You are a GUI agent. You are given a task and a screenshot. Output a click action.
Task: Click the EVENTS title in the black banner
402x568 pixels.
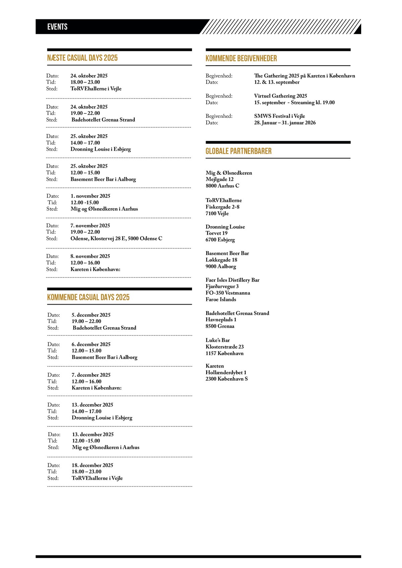point(57,27)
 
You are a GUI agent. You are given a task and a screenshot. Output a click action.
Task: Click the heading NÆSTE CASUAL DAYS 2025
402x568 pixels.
point(82,58)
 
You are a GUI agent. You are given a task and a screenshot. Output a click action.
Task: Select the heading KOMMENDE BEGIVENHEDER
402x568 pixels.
point(241,59)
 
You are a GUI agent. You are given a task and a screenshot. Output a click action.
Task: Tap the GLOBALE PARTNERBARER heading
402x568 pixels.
point(239,151)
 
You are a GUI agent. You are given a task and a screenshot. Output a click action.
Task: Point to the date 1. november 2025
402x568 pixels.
point(90,196)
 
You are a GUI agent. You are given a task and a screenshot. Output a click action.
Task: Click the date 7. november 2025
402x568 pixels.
point(90,226)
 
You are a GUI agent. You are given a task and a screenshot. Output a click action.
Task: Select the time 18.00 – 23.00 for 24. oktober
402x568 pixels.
point(85,82)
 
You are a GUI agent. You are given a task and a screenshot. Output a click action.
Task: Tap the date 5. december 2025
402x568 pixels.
point(91,315)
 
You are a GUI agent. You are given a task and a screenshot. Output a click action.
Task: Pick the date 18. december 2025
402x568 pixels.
point(92,465)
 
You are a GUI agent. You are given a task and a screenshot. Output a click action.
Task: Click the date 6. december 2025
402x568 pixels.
point(91,344)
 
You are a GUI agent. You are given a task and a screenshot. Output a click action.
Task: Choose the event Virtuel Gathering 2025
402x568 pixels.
point(280,96)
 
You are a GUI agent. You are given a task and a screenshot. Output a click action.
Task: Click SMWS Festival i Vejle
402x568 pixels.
point(279,116)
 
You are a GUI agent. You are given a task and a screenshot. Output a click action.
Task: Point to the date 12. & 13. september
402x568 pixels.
point(277,82)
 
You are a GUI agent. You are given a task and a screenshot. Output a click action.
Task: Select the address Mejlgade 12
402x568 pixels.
point(219,179)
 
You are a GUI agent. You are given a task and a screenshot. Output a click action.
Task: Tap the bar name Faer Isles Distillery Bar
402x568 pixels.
point(232,280)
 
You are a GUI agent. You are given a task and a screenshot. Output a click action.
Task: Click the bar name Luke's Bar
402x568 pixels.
point(218,340)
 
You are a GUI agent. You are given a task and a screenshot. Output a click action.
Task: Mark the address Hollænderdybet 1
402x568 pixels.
point(226,373)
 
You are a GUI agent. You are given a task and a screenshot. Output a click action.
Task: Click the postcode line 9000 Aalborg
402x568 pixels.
point(221,266)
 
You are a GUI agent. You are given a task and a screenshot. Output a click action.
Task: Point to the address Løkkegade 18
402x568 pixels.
point(221,260)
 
